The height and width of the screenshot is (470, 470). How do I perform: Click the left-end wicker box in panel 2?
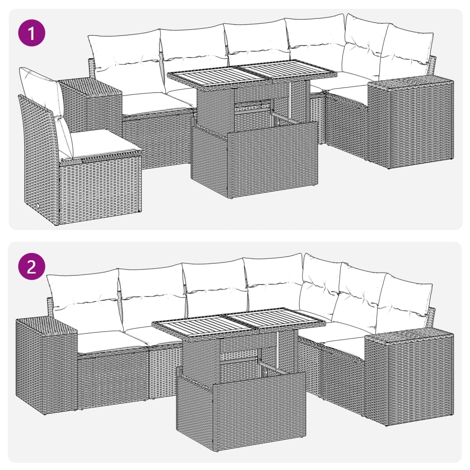(46, 365)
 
